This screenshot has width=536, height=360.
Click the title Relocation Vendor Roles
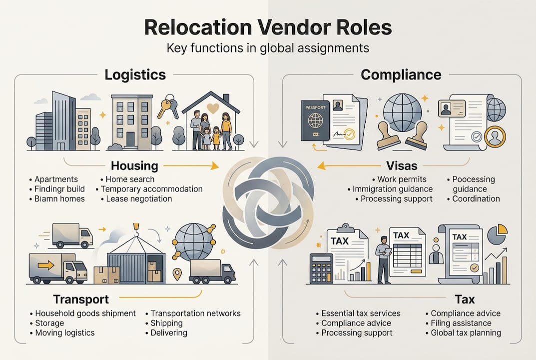[268, 27]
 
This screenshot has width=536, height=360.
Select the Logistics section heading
[135, 75]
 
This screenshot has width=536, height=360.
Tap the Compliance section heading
[401, 75]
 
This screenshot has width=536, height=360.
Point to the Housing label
[134, 165]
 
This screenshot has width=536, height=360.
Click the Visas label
[402, 165]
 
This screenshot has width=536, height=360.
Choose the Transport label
[81, 299]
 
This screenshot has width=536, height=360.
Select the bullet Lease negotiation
[139, 198]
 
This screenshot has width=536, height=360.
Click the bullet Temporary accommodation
[151, 189]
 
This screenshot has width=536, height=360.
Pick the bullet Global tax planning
[466, 332]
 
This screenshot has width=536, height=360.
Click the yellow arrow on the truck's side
[46, 265]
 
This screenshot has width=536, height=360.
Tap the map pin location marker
[177, 274]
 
